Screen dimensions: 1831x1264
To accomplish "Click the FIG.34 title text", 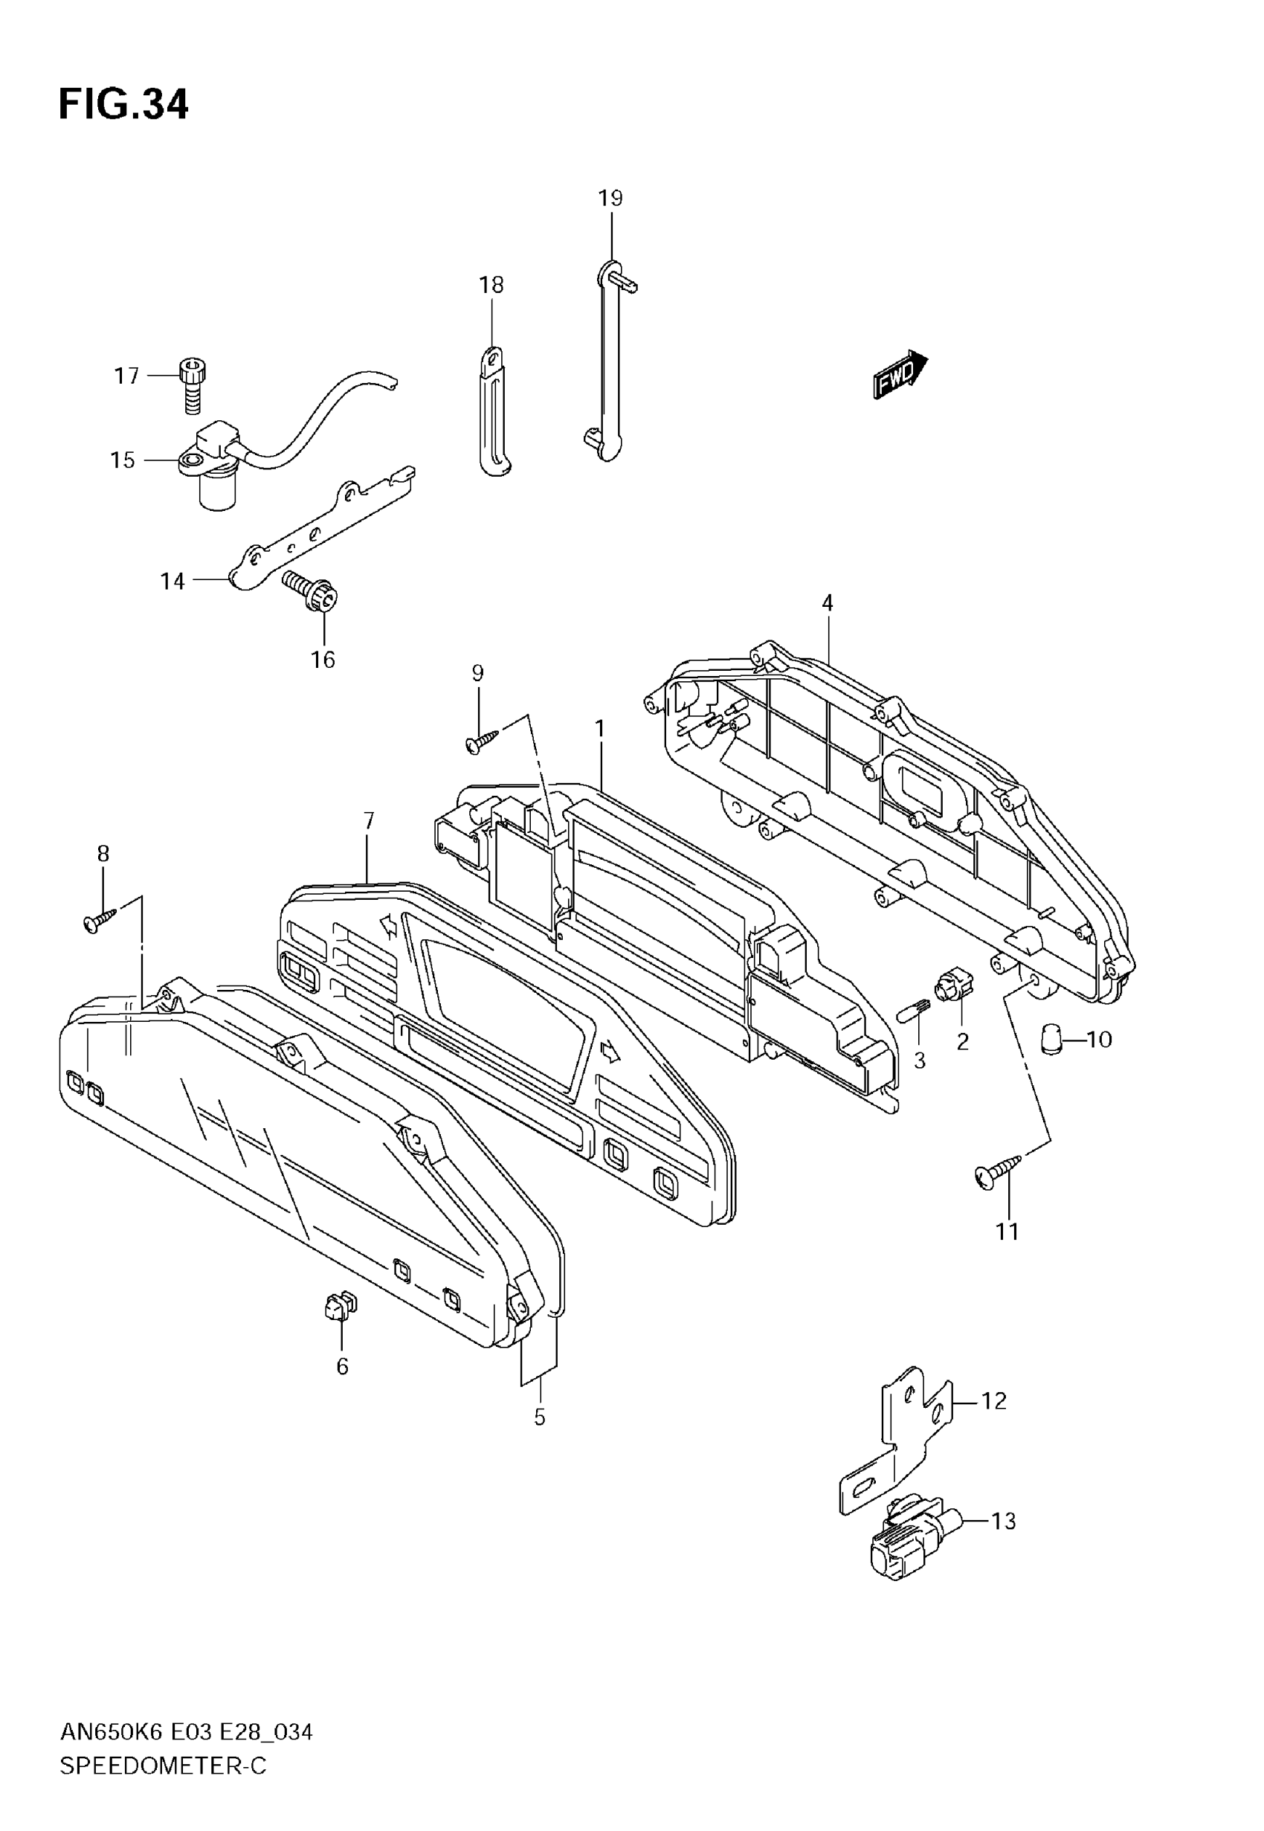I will (123, 105).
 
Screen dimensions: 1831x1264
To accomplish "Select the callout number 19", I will (610, 198).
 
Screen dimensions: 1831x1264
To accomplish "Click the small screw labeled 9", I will (482, 742).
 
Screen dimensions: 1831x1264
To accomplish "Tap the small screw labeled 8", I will (99, 921).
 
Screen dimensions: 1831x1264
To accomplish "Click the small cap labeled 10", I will (1052, 1037).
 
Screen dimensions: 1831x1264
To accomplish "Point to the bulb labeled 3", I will (912, 1012).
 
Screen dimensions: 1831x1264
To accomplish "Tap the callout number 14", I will (172, 582).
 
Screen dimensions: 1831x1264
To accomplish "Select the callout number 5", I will (539, 1418).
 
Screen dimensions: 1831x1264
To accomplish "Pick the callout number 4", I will (827, 603).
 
